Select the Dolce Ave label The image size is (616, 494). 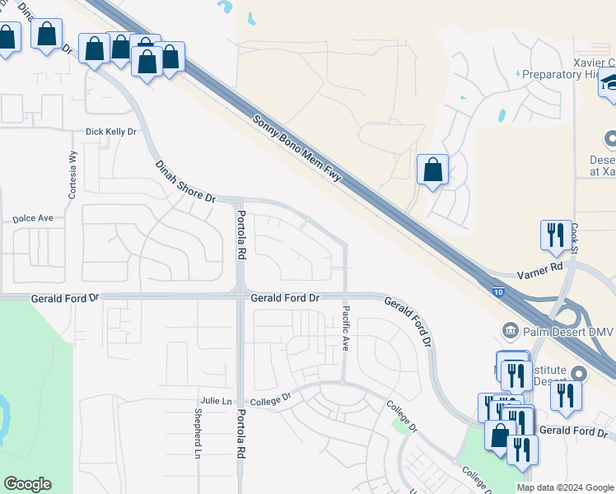click(x=33, y=219)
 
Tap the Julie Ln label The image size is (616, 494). click(x=214, y=401)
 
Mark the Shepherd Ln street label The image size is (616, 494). click(x=198, y=433)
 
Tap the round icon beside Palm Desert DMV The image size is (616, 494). click(x=510, y=331)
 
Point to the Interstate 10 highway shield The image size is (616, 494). click(x=501, y=291)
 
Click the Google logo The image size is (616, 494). click(x=27, y=484)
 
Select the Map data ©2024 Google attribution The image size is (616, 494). click(x=565, y=487)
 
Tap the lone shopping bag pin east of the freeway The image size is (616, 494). click(x=432, y=170)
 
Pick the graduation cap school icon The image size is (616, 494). click(x=609, y=82)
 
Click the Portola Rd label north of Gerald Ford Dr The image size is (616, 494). click(x=241, y=235)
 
